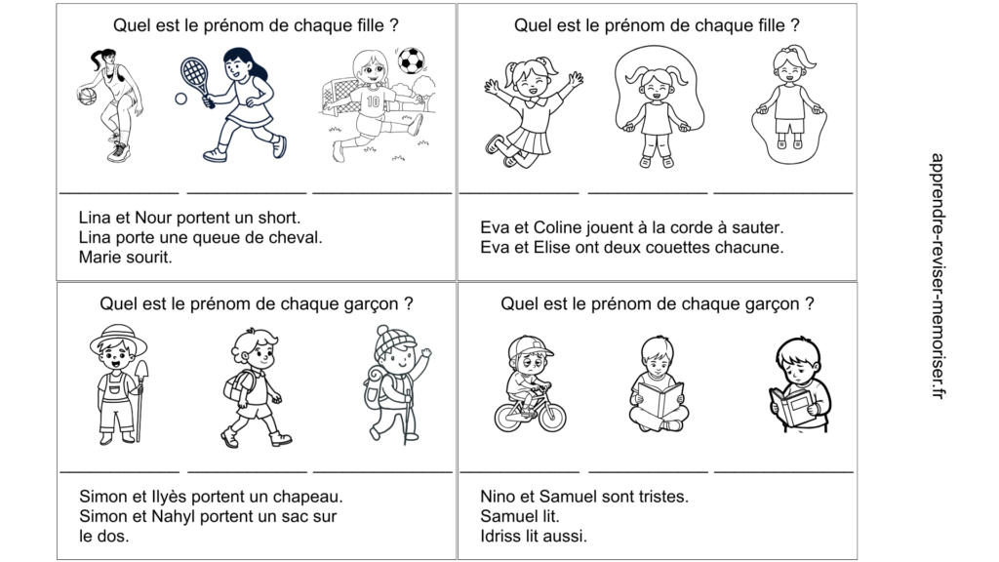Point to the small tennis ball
click(x=180, y=99)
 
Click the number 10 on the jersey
click(x=373, y=100)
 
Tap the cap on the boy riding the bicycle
click(x=533, y=345)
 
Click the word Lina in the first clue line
click(x=96, y=218)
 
